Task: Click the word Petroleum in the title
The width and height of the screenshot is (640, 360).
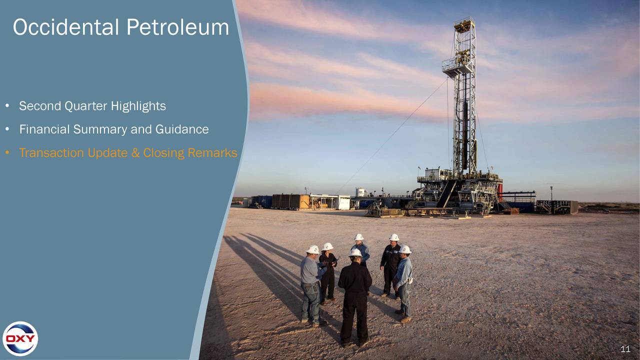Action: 177,27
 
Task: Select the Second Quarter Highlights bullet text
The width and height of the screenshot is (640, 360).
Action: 92,106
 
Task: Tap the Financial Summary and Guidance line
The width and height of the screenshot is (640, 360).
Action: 113,129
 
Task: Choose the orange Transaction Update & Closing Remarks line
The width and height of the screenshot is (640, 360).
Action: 128,153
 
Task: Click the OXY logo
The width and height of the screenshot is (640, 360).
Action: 20,338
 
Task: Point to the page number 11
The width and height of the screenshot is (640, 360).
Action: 625,349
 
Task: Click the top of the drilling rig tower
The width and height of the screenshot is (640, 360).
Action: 464,23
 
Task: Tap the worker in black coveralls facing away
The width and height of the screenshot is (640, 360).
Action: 355,295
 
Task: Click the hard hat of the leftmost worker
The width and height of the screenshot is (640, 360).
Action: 313,249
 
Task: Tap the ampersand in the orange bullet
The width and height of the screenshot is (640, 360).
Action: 135,153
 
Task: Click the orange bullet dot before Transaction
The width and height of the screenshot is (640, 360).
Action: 7,153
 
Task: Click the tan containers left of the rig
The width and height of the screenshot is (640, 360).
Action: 290,201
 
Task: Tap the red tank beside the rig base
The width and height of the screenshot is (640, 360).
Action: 499,192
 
